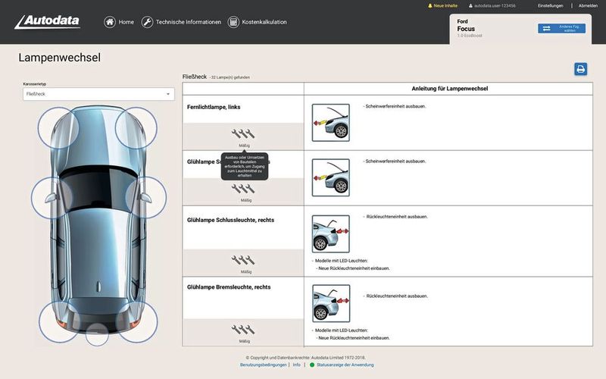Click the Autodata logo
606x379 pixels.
click(x=47, y=21)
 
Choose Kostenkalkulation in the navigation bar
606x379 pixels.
click(x=257, y=22)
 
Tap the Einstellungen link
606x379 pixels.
click(x=550, y=5)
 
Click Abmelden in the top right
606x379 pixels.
click(x=588, y=5)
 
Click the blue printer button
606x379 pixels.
click(x=581, y=69)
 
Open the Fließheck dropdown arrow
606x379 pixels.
click(x=167, y=94)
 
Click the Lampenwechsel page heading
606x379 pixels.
click(x=59, y=58)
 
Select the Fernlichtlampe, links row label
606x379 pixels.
click(x=214, y=107)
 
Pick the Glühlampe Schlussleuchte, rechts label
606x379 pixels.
click(x=230, y=220)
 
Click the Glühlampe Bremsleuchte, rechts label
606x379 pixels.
click(x=229, y=287)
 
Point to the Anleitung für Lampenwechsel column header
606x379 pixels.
click(x=449, y=89)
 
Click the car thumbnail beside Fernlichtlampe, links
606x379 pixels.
click(x=331, y=122)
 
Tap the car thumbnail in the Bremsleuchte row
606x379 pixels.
click(x=331, y=303)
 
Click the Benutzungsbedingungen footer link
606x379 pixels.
click(x=264, y=365)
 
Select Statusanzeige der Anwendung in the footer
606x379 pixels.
click(x=345, y=365)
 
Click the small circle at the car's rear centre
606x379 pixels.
click(x=97, y=334)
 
